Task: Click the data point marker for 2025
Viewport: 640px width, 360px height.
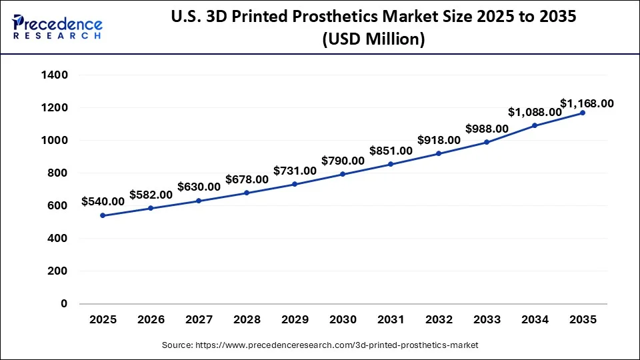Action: (x=103, y=215)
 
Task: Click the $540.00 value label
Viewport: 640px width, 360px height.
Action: (x=103, y=201)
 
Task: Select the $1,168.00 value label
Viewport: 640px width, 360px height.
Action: (x=587, y=103)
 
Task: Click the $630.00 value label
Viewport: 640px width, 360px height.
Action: (x=199, y=187)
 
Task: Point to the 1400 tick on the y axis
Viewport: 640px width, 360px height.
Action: (x=55, y=75)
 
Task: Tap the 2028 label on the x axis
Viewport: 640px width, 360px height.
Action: (x=247, y=320)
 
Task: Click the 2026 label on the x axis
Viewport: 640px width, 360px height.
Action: (x=151, y=320)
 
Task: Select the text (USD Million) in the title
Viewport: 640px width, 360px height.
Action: (x=373, y=39)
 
